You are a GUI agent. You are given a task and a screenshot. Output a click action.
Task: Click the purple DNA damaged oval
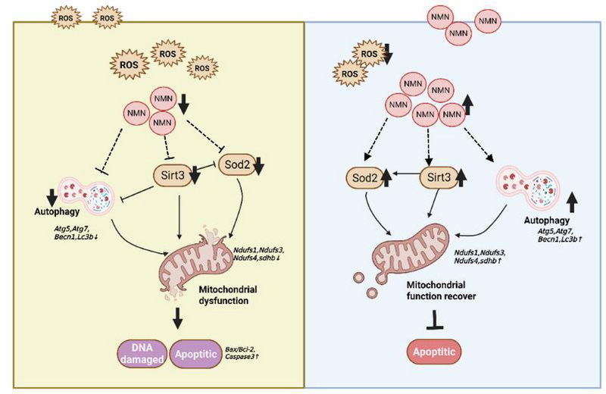pos(141,353)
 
